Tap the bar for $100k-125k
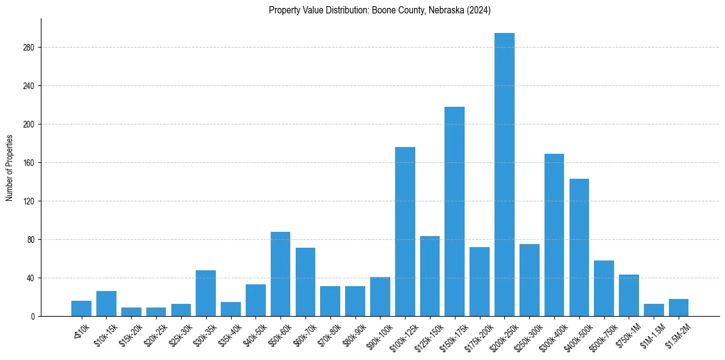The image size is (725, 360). point(405,231)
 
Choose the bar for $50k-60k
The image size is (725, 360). point(280,274)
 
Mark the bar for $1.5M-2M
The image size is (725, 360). point(678,308)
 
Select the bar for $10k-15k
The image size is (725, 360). point(106,304)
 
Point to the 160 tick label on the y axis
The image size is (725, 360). point(29,163)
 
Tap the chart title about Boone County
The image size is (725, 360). point(379,10)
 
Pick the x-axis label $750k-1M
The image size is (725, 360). point(626,336)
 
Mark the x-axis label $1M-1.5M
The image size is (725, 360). point(650,336)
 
